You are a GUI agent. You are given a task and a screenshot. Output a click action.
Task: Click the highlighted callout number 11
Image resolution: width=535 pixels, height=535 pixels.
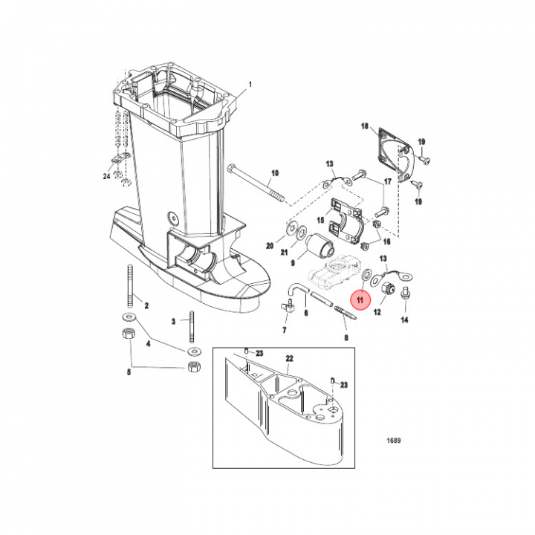coord(361,300)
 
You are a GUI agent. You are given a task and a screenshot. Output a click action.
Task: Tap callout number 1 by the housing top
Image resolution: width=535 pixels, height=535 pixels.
coord(250,85)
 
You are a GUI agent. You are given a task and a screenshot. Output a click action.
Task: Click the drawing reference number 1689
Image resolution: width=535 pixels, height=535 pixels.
coord(393,441)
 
